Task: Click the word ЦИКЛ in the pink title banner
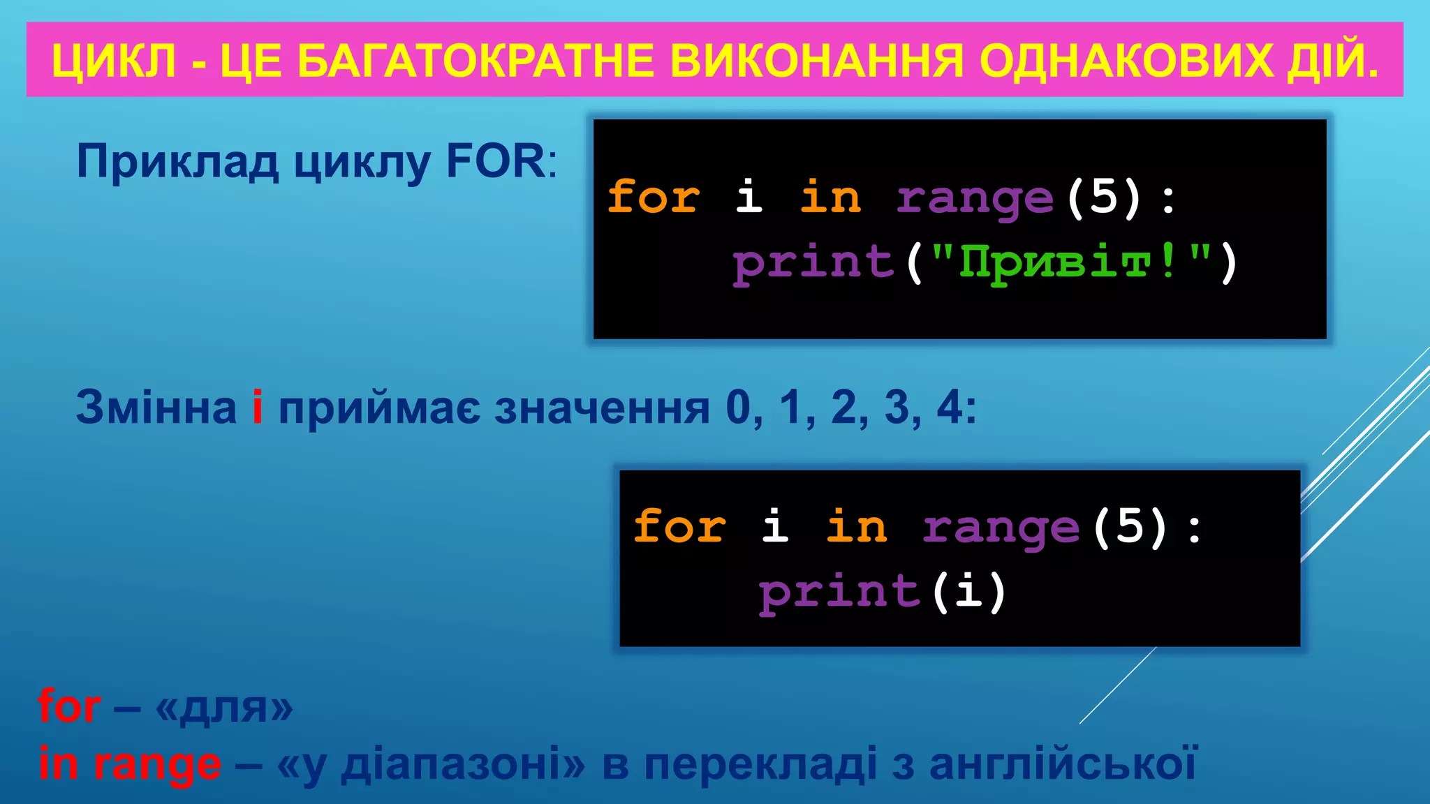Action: coord(114,61)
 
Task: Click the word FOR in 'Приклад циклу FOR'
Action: coord(496,162)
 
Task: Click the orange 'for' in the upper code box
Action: coord(654,197)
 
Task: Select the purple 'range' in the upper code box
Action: coord(974,199)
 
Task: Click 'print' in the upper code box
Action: coord(813,264)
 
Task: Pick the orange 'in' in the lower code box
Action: coord(857,527)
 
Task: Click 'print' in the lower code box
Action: coord(839,593)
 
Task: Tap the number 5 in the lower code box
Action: coord(1130,527)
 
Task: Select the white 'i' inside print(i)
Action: coord(968,592)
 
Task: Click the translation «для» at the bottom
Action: coord(223,708)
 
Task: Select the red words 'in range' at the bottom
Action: coord(130,764)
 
